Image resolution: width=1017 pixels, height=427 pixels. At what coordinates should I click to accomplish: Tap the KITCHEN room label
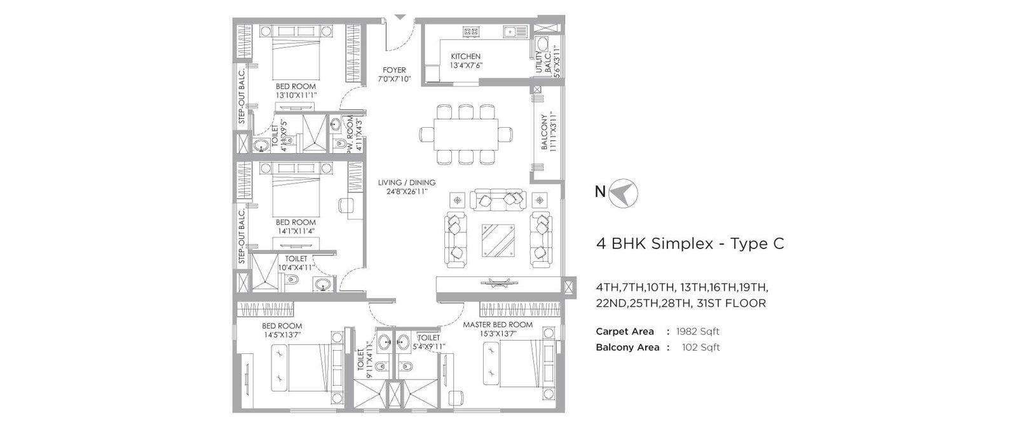(x=465, y=57)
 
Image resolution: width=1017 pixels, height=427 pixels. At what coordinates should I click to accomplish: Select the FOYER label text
(x=394, y=70)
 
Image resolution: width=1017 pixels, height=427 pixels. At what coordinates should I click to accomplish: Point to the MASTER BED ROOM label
(x=498, y=325)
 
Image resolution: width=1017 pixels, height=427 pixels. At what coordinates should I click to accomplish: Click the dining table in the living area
(x=466, y=135)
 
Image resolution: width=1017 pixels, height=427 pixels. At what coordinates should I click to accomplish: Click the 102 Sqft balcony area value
(x=700, y=348)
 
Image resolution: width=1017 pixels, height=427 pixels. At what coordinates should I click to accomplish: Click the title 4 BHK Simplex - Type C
(x=690, y=243)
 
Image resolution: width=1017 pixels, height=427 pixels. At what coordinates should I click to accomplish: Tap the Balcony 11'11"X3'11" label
(x=549, y=132)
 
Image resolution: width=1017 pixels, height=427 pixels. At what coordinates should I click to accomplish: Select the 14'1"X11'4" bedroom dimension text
(x=296, y=231)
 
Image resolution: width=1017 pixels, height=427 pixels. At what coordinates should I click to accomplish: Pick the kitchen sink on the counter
(x=510, y=30)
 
